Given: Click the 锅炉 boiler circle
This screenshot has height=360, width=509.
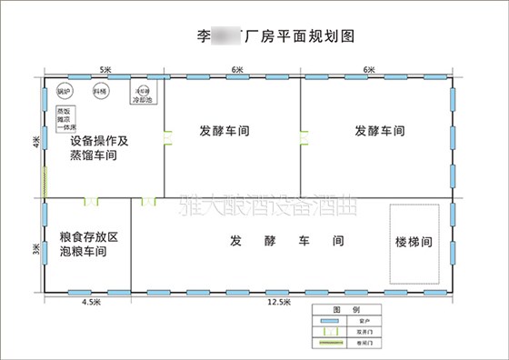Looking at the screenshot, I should pyautogui.click(x=64, y=91).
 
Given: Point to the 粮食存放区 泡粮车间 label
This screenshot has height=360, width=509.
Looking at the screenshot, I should pyautogui.click(x=89, y=243).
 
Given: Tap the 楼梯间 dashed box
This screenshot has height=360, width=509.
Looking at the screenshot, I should pyautogui.click(x=418, y=243).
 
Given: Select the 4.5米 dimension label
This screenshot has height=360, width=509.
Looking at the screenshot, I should pyautogui.click(x=90, y=301).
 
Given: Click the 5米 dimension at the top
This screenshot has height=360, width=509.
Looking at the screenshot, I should pyautogui.click(x=105, y=69).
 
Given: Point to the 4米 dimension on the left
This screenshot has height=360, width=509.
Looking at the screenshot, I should pyautogui.click(x=36, y=143).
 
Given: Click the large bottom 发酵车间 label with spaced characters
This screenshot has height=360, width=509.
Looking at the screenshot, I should pyautogui.click(x=286, y=242).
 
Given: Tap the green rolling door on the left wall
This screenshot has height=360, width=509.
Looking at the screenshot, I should pyautogui.click(x=43, y=182).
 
